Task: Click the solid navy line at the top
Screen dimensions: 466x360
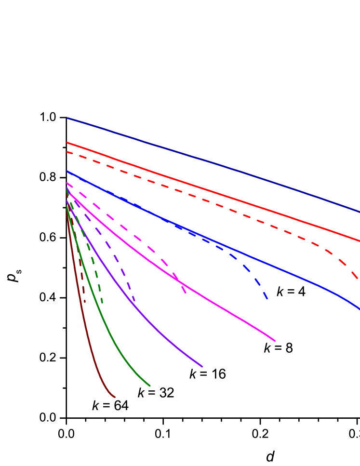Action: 212,164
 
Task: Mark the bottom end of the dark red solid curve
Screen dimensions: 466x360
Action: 115,397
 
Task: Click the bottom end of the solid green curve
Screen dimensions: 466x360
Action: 150,386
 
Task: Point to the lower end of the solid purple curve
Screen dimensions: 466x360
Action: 202,367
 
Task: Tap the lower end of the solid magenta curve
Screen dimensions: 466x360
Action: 275,341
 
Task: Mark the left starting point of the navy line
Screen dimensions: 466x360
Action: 67,118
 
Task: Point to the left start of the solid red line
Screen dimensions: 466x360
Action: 67,142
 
